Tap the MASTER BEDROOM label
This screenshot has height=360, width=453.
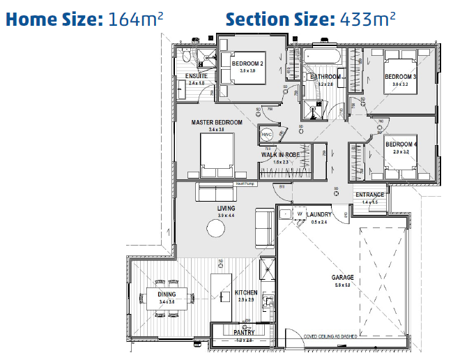[x=217, y=122]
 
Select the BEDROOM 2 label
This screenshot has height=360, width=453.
[x=247, y=63]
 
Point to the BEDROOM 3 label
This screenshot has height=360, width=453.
[x=400, y=76]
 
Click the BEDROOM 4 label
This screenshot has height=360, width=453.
[x=401, y=144]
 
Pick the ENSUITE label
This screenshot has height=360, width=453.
[x=197, y=76]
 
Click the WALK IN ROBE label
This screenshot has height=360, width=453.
[x=280, y=154]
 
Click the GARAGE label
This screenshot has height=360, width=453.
[x=342, y=277]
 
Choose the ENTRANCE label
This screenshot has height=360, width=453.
[x=369, y=195]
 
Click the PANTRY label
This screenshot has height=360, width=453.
[x=244, y=333]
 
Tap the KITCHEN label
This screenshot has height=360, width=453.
[x=245, y=292]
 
